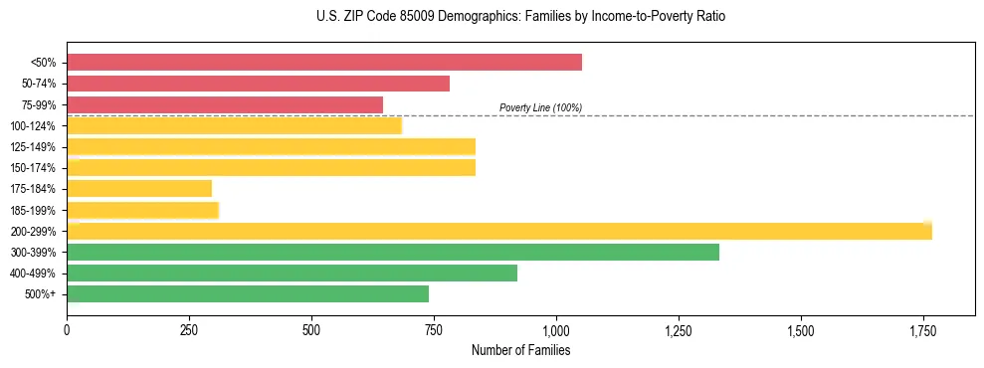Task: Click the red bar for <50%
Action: [323, 63]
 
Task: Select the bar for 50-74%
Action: [258, 84]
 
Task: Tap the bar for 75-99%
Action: [225, 104]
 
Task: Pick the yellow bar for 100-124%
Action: [234, 125]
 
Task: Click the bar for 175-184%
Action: [139, 189]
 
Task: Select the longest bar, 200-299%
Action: [498, 231]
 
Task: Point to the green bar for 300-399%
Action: [392, 252]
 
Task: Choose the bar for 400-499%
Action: [292, 273]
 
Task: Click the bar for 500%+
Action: [248, 293]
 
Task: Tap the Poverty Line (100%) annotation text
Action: [540, 107]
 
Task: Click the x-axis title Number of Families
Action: [520, 350]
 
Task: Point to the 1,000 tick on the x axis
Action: [555, 330]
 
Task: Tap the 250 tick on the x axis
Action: [189, 330]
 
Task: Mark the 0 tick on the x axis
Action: [67, 330]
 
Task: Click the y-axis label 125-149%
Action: [33, 147]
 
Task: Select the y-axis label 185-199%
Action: [33, 210]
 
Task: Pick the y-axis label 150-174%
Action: [33, 168]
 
